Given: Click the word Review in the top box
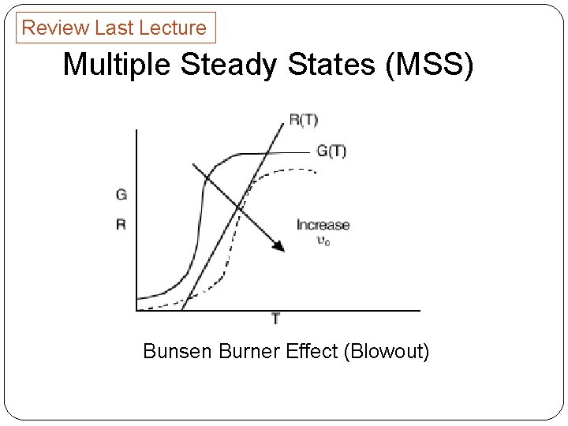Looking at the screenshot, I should [55, 28].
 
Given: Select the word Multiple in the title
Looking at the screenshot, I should [118, 65].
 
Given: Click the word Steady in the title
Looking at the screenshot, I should [229, 65].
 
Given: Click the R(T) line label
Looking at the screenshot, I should [303, 120].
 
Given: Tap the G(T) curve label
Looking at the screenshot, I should [331, 151].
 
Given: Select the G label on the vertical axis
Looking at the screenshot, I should [121, 194].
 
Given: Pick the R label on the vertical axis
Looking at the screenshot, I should [121, 224].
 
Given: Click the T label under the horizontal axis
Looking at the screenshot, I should [275, 319].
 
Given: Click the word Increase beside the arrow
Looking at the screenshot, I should [323, 226].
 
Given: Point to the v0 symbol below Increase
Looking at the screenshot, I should [323, 241].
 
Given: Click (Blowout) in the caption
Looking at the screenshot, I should [386, 351].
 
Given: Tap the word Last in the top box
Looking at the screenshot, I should [111, 28].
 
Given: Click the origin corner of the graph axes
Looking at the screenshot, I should [136, 310].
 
